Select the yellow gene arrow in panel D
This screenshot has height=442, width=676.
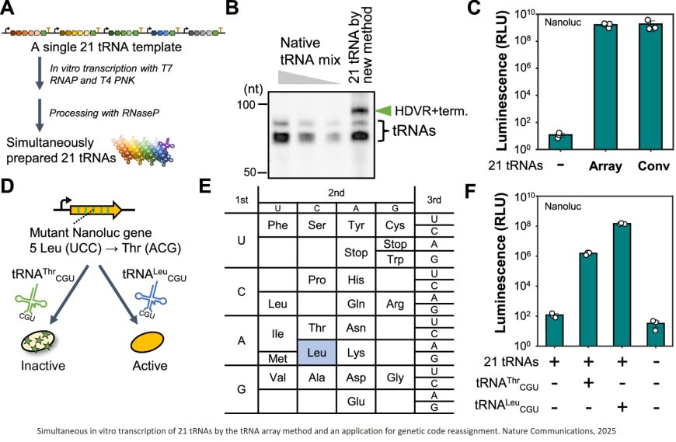91,210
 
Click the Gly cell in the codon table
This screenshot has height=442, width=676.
395,377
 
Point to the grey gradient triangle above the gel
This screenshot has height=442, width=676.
307,75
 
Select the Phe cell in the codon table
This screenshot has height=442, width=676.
277,224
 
